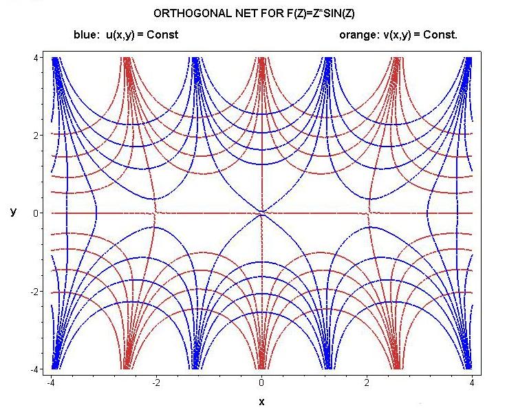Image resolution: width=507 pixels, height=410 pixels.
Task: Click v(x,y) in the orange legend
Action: click(400, 34)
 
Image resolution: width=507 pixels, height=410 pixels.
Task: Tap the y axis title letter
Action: click(13, 212)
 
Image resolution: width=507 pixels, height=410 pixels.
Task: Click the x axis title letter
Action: click(261, 402)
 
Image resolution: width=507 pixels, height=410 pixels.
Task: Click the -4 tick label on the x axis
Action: click(50, 382)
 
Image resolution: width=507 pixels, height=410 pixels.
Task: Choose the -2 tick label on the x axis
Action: click(155, 382)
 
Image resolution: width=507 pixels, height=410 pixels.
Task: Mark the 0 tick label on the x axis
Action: click(261, 382)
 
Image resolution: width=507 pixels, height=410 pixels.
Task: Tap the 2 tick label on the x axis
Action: click(367, 382)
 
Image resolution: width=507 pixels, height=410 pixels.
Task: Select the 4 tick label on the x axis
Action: click(473, 382)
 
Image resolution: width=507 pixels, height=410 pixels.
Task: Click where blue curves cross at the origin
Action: click(261, 213)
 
